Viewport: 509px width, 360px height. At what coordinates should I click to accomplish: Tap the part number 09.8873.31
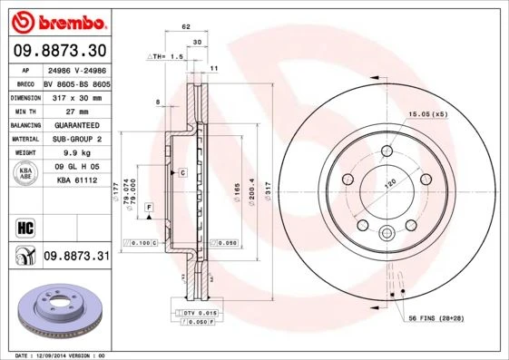click(76, 257)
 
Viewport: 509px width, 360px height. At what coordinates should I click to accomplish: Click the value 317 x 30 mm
click(75, 95)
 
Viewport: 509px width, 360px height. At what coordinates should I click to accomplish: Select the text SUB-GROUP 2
click(75, 139)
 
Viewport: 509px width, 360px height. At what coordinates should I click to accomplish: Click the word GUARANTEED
click(75, 124)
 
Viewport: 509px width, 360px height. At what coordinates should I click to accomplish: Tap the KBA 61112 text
click(75, 181)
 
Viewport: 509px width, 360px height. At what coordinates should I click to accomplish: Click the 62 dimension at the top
click(185, 27)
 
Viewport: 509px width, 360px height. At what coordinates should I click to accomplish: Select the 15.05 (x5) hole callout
click(428, 114)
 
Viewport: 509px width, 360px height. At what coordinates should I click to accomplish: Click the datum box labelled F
click(148, 209)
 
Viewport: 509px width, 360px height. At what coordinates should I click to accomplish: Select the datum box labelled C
click(181, 172)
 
